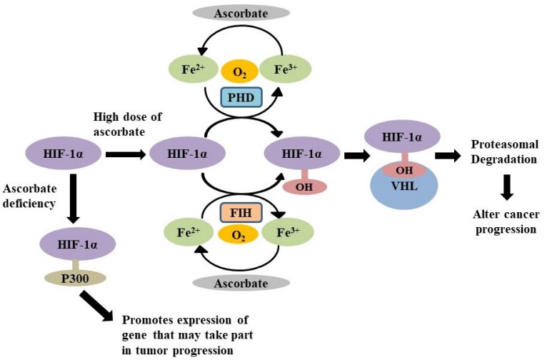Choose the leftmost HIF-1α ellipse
click(65, 154)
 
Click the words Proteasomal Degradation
click(504, 151)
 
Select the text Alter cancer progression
click(504, 222)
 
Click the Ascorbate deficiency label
click(31, 197)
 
